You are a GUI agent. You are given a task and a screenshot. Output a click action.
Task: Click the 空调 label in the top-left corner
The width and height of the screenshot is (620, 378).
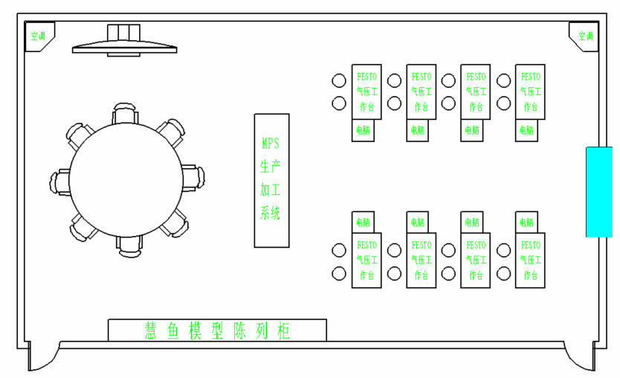pos(36,35)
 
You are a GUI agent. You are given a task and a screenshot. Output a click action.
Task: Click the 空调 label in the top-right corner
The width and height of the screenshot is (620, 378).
pos(585,35)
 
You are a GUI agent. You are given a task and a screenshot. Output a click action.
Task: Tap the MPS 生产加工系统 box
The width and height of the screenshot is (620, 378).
pos(271,180)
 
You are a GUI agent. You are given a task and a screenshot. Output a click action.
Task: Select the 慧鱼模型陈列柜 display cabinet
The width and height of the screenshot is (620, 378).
pos(217,330)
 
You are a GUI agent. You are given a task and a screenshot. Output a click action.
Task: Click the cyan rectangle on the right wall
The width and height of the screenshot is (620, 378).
pos(598,191)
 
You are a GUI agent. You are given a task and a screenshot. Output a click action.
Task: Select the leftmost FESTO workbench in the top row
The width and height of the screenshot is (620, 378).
pos(366,92)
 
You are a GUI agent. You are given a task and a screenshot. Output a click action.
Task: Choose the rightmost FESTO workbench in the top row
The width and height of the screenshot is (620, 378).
pos(530,92)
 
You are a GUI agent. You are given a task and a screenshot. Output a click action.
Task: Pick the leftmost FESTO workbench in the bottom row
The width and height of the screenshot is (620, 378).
pos(366,260)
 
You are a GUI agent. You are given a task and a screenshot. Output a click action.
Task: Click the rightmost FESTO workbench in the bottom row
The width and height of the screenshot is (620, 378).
pos(530,260)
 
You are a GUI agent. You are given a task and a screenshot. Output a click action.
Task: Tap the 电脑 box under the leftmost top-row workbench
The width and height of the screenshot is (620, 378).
pos(363,130)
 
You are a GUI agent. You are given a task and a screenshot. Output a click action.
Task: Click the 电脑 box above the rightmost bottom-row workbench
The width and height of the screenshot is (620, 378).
pos(526,222)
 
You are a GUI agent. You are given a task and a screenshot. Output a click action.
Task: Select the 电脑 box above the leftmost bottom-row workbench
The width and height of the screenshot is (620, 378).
pos(363,222)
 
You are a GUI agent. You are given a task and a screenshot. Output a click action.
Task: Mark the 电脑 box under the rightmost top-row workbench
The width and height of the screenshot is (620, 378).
pos(526,130)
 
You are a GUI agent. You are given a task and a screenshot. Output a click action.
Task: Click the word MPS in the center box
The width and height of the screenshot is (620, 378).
pos(271,141)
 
